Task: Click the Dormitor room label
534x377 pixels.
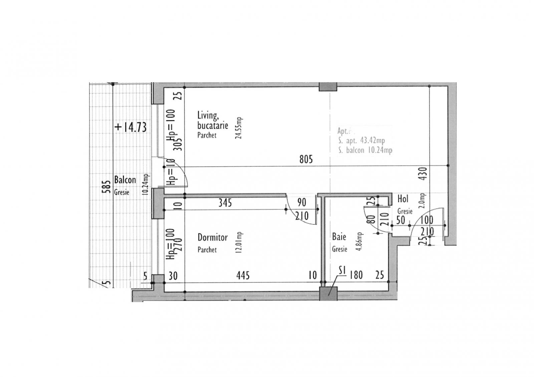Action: click(213, 238)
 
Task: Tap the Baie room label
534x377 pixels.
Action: click(339, 237)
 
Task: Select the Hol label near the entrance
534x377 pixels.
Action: click(403, 199)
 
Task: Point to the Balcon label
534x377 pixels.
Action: click(125, 180)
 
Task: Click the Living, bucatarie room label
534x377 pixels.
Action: click(213, 120)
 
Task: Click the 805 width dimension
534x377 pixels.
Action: click(306, 159)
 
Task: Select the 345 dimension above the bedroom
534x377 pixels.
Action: click(225, 203)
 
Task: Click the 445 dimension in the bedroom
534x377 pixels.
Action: click(243, 276)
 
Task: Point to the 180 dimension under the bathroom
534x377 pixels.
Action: click(356, 275)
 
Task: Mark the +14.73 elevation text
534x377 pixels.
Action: click(130, 127)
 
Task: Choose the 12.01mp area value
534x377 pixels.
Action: click(239, 243)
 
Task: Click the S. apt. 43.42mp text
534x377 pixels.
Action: click(361, 140)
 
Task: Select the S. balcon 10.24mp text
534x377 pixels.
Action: click(365, 150)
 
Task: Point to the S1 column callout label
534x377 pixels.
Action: click(341, 271)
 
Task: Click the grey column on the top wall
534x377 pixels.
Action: click(328, 87)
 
